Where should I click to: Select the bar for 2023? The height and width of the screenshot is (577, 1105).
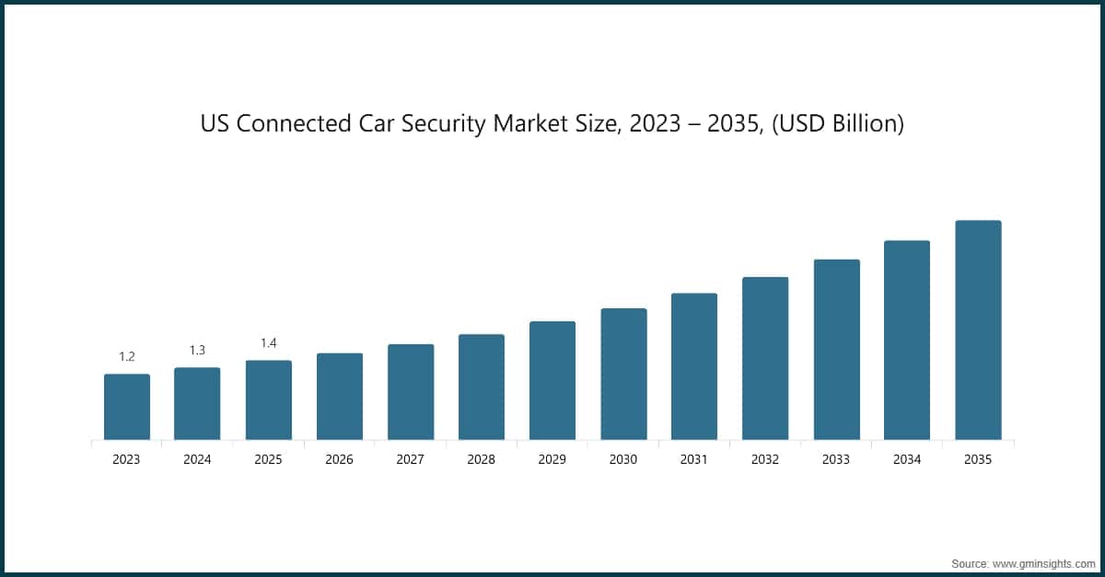[x=126, y=407]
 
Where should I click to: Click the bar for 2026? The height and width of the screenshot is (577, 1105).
[x=339, y=397]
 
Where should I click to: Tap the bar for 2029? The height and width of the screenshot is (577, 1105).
[x=552, y=380]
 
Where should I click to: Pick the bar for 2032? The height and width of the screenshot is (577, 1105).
[x=765, y=358]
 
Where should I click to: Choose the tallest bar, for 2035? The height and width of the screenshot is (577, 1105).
[x=978, y=329]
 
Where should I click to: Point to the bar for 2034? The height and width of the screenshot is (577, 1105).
[x=907, y=340]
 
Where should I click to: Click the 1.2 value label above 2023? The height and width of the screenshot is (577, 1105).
[x=126, y=356]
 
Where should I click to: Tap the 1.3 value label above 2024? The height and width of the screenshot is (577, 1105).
[x=197, y=350]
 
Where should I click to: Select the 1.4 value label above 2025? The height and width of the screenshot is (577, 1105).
[x=268, y=343]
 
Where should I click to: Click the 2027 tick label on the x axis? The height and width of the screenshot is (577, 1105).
[x=410, y=459]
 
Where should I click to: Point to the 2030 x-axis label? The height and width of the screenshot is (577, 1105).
[x=623, y=459]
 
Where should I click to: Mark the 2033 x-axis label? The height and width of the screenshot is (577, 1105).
[x=836, y=459]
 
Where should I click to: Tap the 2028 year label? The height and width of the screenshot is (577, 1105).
[x=481, y=459]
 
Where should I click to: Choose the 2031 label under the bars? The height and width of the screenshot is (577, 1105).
[x=694, y=459]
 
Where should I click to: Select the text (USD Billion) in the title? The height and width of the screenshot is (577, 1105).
[x=839, y=124]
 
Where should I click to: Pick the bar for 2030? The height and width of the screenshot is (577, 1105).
[x=623, y=374]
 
